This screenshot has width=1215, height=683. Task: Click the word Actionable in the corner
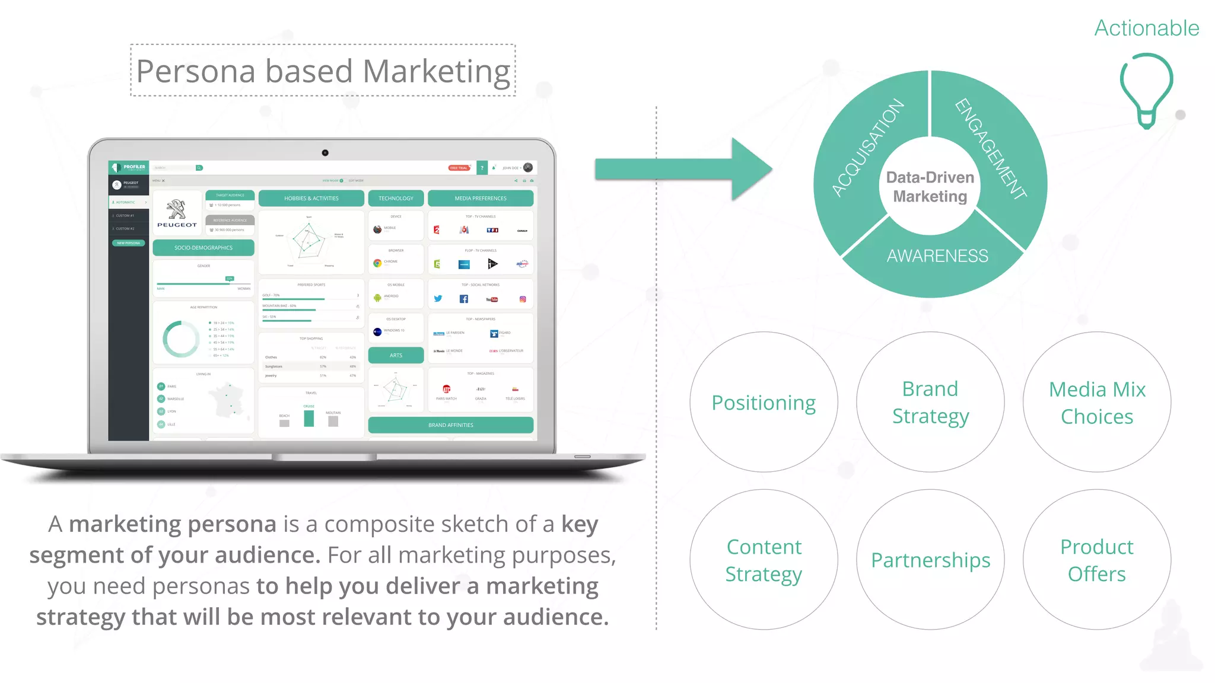[1146, 28]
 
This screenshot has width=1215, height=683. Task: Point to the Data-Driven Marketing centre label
[930, 187]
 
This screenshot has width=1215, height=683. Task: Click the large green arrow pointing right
[682, 169]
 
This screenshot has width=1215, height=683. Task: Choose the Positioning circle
[764, 403]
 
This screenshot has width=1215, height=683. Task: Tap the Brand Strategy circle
[930, 403]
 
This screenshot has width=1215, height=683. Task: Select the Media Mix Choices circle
[1097, 403]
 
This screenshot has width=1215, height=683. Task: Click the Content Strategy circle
[764, 560]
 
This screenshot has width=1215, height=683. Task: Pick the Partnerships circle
[930, 560]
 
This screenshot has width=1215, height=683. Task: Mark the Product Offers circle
[1097, 560]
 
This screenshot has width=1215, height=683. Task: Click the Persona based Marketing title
[323, 71]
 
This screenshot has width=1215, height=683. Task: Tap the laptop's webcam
[325, 153]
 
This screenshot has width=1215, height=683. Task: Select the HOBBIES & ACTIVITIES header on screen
[311, 199]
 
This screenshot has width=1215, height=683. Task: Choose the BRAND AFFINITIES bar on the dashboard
[451, 425]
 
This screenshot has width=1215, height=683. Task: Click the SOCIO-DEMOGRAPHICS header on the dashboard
[203, 248]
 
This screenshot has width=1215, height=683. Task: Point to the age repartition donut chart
[181, 339]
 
